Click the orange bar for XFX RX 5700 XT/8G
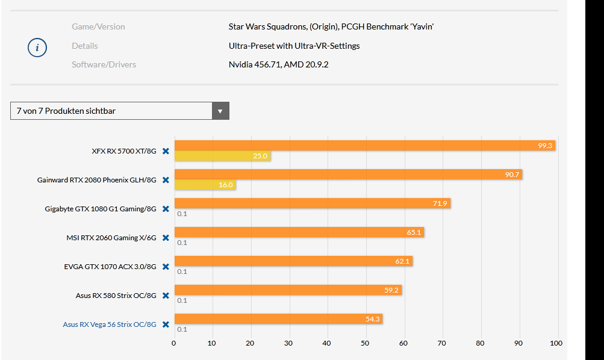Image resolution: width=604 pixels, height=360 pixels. tap(361, 145)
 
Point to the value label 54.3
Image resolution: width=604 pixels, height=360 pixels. tap(372, 319)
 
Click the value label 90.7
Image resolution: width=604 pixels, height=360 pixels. tap(513, 175)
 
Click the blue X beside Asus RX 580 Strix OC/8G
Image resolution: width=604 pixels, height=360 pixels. tap(166, 296)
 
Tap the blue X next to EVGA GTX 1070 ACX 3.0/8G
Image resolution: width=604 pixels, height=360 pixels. tap(166, 267)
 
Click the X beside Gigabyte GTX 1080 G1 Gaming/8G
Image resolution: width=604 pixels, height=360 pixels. tap(166, 209)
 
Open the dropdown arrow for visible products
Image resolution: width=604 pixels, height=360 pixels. tap(220, 111)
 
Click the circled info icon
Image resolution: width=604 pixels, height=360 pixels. tap(37, 48)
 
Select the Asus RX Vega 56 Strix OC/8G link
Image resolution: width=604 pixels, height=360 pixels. tap(110, 324)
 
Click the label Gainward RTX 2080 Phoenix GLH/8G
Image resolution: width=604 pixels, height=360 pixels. tap(96, 180)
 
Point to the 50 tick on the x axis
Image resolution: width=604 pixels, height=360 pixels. tap(365, 343)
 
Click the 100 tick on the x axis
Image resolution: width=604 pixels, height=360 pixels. tap(556, 343)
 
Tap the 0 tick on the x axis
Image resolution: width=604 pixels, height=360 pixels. tap(174, 343)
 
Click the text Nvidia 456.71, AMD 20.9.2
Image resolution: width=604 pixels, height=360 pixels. tap(278, 64)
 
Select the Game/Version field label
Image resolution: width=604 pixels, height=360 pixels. tap(98, 26)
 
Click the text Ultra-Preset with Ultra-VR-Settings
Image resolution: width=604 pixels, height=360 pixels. tap(294, 46)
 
